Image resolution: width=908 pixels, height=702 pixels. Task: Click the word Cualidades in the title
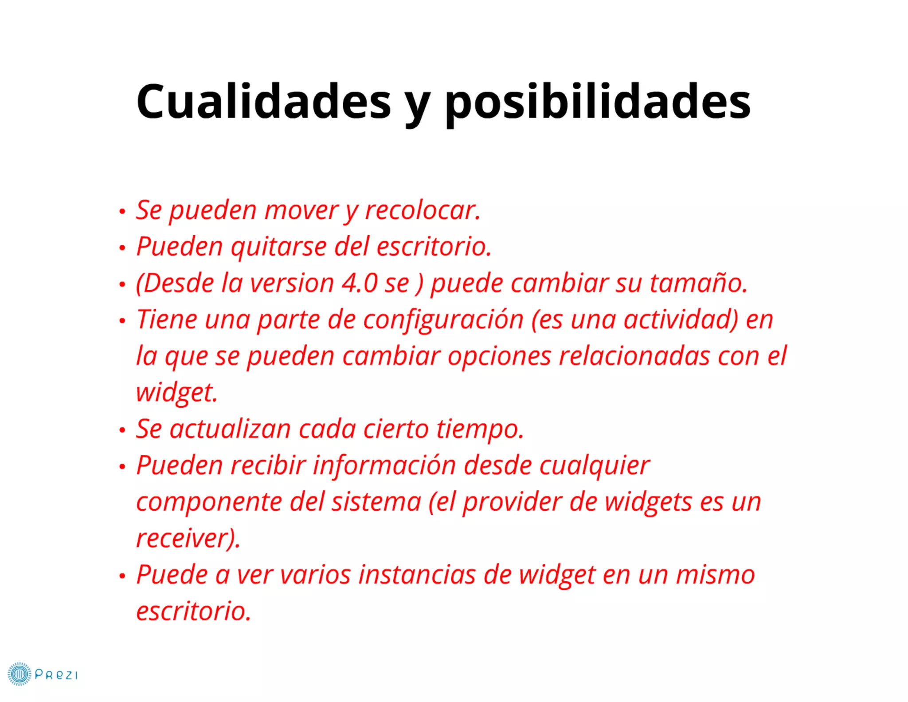tap(264, 102)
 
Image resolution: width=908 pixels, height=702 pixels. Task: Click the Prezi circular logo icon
tap(20, 674)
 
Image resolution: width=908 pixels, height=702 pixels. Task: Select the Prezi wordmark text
tap(56, 675)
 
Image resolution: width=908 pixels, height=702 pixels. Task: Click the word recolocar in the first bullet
tap(422, 210)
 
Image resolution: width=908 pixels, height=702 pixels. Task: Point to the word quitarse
tap(278, 247)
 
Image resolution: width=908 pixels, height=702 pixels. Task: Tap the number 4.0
tap(360, 283)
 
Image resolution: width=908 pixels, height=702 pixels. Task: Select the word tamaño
tap(698, 283)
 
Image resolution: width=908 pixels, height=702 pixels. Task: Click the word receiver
tap(186, 538)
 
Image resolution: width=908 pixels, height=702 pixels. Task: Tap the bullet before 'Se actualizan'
tap(122, 430)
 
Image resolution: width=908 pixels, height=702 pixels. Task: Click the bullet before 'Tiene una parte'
tap(122, 320)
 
